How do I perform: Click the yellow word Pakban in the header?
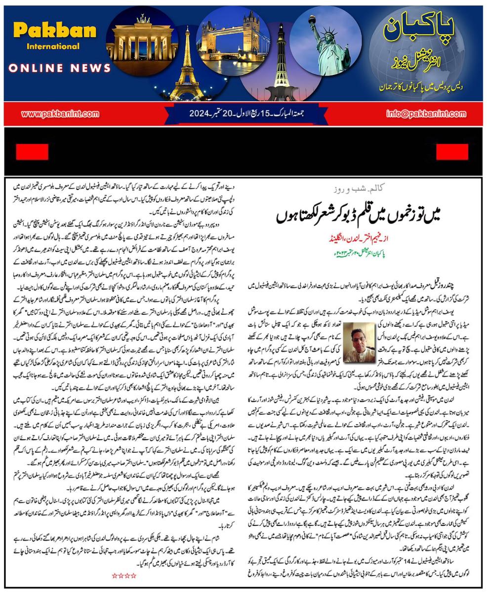click(54, 31)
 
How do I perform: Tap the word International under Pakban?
click(53, 46)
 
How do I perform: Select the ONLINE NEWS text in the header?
click(59, 68)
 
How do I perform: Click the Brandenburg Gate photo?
click(142, 39)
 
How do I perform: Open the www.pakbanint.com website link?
click(60, 114)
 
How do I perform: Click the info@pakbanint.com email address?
click(426, 114)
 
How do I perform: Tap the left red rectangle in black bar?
click(32, 152)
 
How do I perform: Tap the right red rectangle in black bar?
click(452, 152)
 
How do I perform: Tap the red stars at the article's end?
click(123, 576)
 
